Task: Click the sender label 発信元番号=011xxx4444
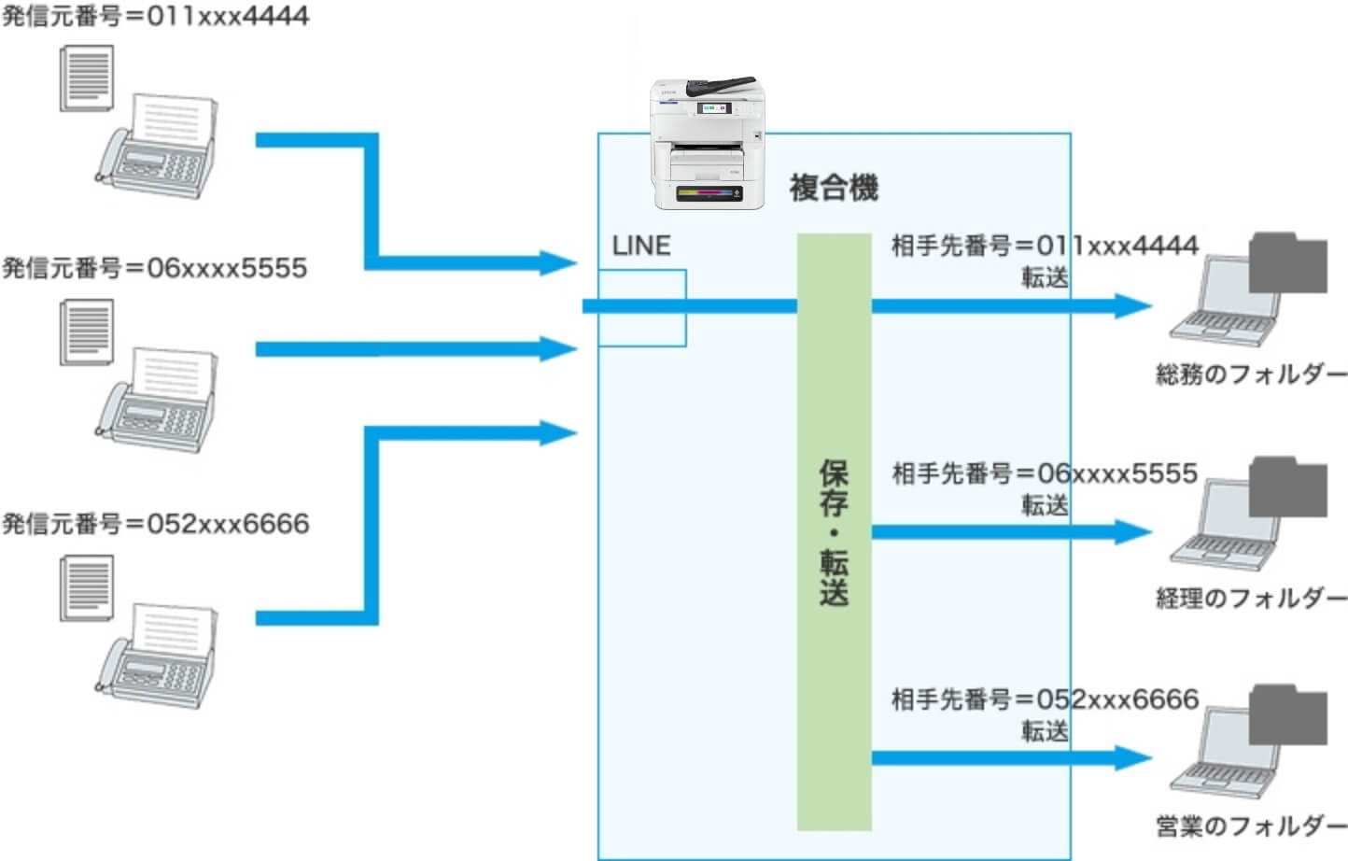155,16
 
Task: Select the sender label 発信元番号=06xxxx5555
155,268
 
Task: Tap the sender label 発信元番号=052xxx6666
155,523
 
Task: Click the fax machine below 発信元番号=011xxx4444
156,148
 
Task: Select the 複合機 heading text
834,188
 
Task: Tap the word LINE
641,246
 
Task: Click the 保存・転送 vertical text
834,531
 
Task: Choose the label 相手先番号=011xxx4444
1045,246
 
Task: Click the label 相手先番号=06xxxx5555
1045,473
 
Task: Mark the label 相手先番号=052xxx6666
1045,699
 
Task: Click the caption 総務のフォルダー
1251,374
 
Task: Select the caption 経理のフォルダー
1251,598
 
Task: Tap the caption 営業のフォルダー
1251,826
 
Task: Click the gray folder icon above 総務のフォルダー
1287,263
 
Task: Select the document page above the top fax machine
86,78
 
